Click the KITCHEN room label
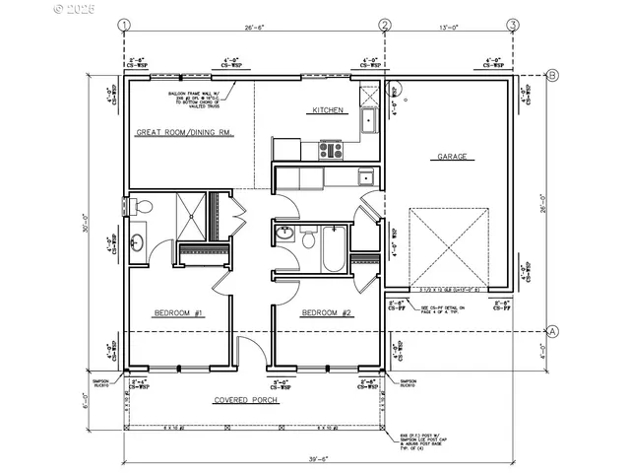pyautogui.click(x=328, y=110)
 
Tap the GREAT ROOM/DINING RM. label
pyautogui.click(x=184, y=131)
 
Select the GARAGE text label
pyautogui.click(x=446, y=156)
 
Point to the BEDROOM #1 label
pyautogui.click(x=177, y=313)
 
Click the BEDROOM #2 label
pyautogui.click(x=326, y=313)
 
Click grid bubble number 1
pyautogui.click(x=123, y=25)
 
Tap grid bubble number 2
pyautogui.click(x=385, y=25)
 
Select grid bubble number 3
pyautogui.click(x=513, y=25)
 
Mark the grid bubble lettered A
pyautogui.click(x=553, y=331)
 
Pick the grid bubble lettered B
pyautogui.click(x=553, y=75)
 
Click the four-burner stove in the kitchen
pyautogui.click(x=330, y=151)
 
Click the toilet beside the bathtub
pyautogui.click(x=307, y=239)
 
